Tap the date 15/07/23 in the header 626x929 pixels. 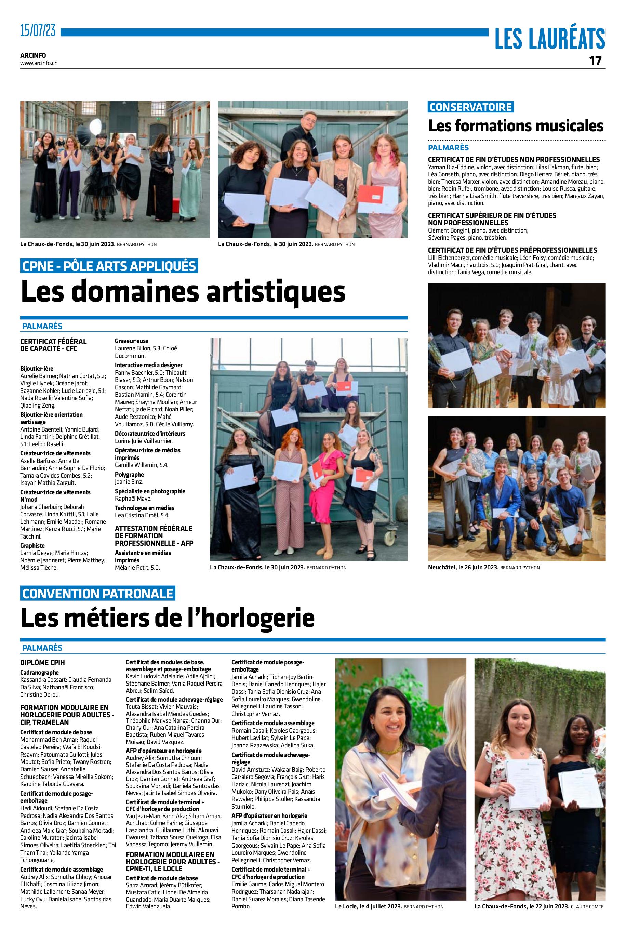(38, 30)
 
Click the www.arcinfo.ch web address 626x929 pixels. (39, 63)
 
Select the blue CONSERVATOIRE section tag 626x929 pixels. (471, 107)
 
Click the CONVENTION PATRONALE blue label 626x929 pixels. (98, 593)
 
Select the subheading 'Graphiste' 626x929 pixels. (32, 545)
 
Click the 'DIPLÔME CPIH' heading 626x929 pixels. (42, 662)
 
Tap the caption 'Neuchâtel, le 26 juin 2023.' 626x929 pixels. (463, 567)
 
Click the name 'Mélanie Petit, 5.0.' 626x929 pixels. (137, 567)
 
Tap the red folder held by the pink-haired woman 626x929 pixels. (371, 198)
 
